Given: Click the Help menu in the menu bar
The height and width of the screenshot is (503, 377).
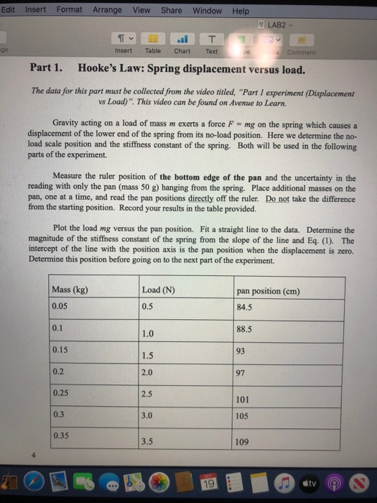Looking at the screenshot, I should pyautogui.click(x=241, y=11).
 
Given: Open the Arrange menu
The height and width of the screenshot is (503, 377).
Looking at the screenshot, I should pyautogui.click(x=107, y=10).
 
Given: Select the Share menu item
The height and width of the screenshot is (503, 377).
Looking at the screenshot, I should pyautogui.click(x=171, y=10).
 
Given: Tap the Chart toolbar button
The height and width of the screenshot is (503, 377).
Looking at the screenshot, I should pyautogui.click(x=182, y=44).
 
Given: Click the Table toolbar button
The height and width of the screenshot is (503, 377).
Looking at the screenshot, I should pyautogui.click(x=153, y=44).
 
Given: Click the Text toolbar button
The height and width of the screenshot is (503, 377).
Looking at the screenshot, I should pyautogui.click(x=212, y=44).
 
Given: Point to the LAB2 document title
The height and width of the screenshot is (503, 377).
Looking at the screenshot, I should pyautogui.click(x=276, y=26).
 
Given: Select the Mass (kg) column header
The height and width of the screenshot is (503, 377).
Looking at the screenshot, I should pyautogui.click(x=70, y=290).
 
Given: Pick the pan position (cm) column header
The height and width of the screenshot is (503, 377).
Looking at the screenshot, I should pyautogui.click(x=268, y=291).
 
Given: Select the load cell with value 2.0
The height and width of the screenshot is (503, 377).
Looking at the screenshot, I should pyautogui.click(x=148, y=372).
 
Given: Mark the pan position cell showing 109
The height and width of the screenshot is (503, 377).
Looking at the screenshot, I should pyautogui.click(x=243, y=442).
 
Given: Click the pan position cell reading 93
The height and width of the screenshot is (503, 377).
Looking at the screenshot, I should pyautogui.click(x=241, y=351).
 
